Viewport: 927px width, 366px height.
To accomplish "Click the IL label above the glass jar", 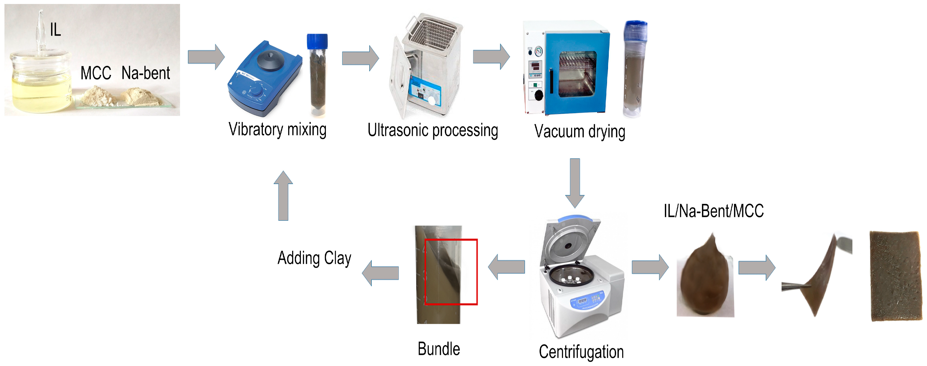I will [x=55, y=30].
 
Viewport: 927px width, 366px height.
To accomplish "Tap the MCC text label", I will [x=96, y=73].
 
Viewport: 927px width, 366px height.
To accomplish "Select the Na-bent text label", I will [x=146, y=73].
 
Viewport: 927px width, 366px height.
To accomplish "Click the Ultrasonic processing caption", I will [x=433, y=131].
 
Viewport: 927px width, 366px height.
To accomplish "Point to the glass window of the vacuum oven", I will [x=577, y=74].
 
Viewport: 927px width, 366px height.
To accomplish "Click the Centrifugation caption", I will [x=581, y=352].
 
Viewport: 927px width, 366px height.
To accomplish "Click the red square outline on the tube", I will [x=477, y=272].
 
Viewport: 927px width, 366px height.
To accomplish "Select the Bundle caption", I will [x=439, y=349].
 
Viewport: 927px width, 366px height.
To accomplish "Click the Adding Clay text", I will [x=314, y=258].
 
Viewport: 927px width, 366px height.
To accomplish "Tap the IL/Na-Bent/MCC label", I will [x=714, y=211].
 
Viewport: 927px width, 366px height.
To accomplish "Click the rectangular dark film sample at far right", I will [x=895, y=276].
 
